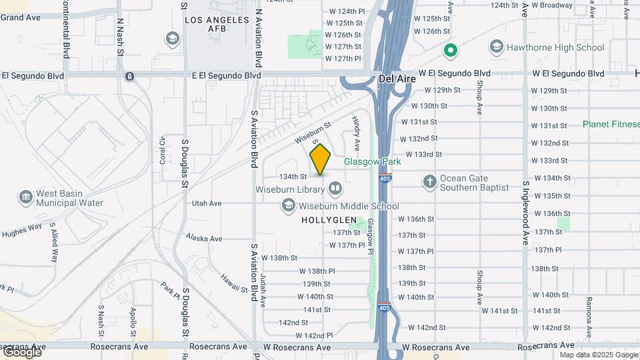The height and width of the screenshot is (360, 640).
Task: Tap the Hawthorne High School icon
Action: coord(496,47)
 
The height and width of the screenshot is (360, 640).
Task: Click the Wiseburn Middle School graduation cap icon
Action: coord(288,207)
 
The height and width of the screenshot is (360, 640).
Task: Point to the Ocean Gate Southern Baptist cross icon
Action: coord(430,181)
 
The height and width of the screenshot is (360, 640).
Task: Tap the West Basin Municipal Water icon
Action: coord(25,197)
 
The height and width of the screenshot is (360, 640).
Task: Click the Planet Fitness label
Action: coord(610,124)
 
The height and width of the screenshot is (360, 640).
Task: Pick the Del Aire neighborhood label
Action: coord(397,79)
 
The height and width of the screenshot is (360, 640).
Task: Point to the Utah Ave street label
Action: coord(206,203)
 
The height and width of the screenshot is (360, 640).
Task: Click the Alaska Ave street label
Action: coord(203,238)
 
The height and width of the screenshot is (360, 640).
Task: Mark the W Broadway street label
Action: coord(552,5)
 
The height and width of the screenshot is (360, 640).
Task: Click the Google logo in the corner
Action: coord(22,352)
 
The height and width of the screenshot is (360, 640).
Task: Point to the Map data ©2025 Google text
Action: coord(599,355)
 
